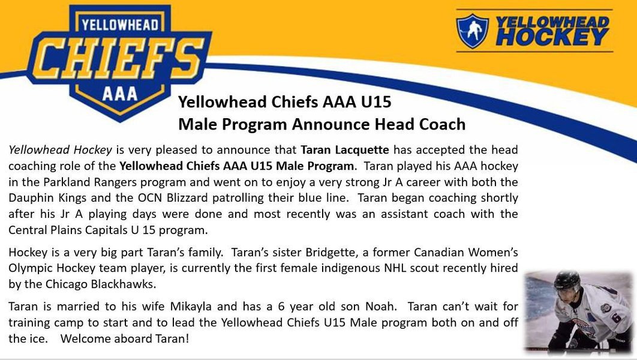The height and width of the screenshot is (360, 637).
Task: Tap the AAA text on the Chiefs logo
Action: click(x=120, y=94)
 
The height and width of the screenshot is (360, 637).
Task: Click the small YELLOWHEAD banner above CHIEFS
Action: click(x=120, y=25)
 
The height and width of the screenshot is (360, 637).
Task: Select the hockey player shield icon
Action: click(x=472, y=31)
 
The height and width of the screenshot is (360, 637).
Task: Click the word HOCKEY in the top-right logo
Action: click(x=552, y=37)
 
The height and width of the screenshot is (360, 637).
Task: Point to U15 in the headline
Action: click(x=375, y=101)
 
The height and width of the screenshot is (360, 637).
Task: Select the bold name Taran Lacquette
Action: click(x=345, y=150)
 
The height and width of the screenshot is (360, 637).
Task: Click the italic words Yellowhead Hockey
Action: click(x=60, y=150)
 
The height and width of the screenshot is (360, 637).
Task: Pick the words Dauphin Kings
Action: click(x=47, y=198)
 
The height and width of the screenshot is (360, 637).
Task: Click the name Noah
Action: click(x=380, y=307)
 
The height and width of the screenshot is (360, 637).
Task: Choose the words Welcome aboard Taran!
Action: click(x=125, y=338)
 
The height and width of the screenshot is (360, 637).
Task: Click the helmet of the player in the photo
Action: click(x=567, y=280)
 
